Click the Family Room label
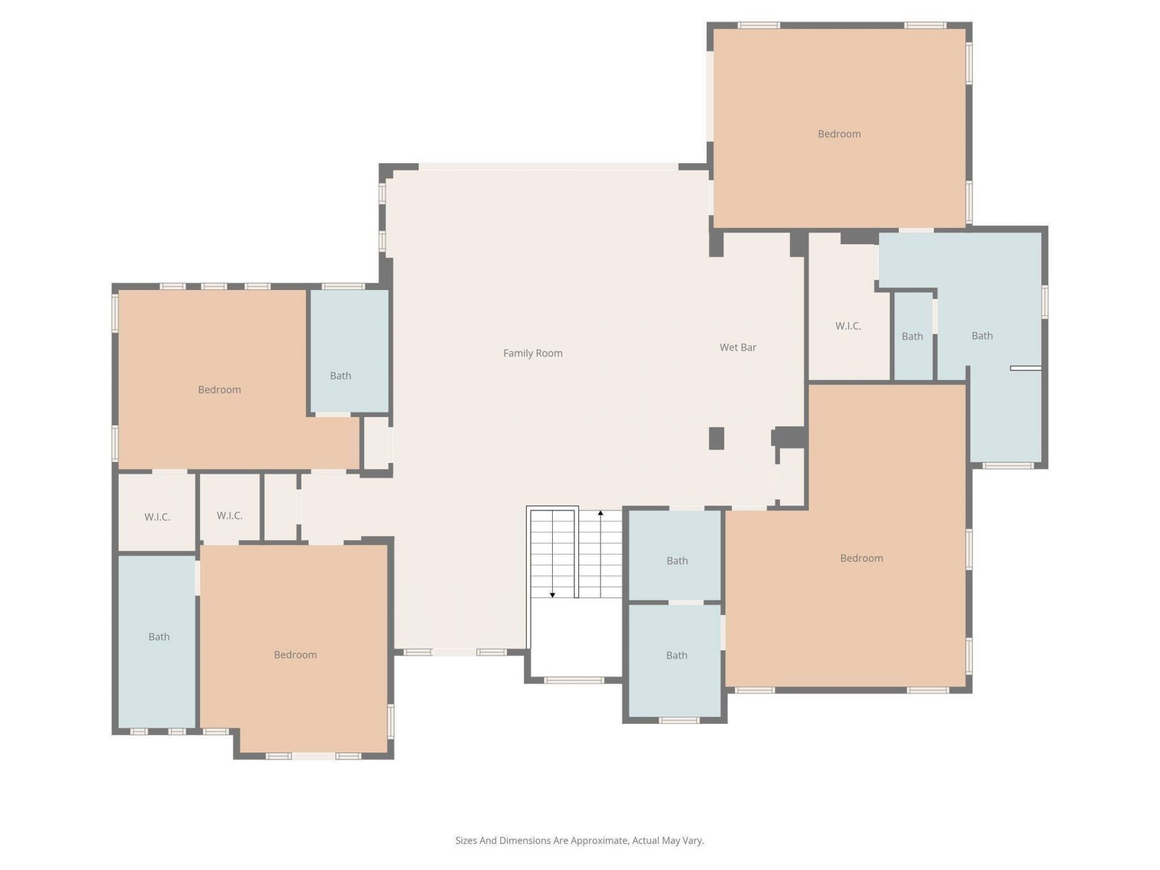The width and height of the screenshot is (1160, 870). (532, 353)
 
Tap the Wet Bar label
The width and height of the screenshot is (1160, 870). (738, 347)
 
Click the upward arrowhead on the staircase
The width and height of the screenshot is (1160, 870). (601, 513)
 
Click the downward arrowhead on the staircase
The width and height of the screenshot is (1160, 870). (552, 595)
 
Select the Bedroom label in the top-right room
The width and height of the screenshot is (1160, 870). (839, 134)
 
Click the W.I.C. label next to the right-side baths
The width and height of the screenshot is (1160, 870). (848, 326)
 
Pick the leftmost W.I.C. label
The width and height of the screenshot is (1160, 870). (157, 517)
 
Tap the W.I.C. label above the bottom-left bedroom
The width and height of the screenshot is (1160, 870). (230, 515)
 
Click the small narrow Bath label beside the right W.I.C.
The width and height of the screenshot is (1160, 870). (912, 337)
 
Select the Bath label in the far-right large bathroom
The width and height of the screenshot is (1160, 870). (982, 336)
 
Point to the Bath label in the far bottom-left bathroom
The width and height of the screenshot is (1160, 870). (159, 637)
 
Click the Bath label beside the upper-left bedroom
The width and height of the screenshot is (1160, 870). (340, 376)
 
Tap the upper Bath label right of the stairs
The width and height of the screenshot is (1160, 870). (677, 561)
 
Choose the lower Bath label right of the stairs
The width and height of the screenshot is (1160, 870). (676, 656)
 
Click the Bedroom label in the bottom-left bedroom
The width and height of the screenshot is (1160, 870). (295, 655)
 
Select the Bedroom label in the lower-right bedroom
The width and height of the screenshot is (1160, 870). (861, 558)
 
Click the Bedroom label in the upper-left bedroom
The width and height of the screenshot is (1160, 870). (219, 390)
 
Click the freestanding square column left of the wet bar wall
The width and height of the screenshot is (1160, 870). (716, 438)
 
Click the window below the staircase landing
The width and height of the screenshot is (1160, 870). (573, 680)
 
